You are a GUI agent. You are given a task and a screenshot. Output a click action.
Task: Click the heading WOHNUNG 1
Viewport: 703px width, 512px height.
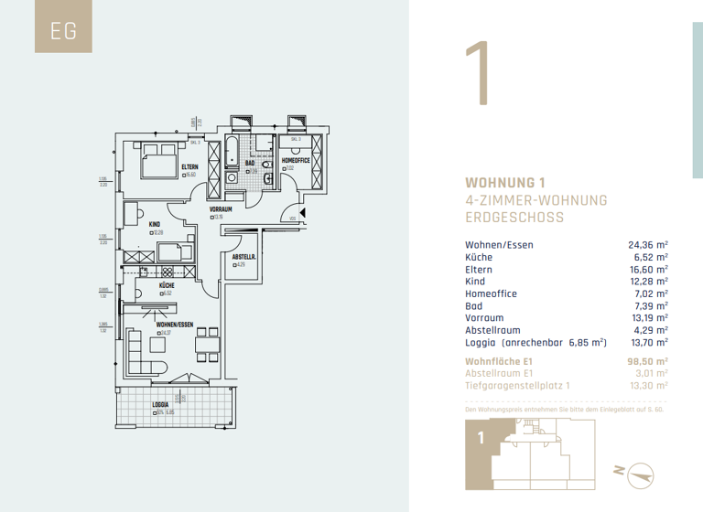[x=505, y=182]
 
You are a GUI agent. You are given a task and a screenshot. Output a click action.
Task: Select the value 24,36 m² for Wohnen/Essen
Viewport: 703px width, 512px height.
[x=647, y=245]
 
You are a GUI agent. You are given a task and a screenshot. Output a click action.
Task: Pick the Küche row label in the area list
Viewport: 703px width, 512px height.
[x=479, y=258]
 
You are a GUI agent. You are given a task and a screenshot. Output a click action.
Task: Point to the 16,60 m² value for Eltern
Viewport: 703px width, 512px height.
[x=647, y=270]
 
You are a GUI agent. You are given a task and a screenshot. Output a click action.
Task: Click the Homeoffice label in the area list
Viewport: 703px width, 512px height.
[x=491, y=293]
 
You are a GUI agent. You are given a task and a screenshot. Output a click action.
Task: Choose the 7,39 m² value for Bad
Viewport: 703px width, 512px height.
[x=650, y=306]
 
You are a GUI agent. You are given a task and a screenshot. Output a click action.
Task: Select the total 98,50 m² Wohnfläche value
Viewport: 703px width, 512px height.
[x=647, y=361]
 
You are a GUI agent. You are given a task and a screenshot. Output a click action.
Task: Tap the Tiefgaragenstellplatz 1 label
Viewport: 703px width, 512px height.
[x=517, y=386]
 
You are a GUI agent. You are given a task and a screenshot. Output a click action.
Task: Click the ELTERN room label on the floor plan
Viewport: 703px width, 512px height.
[x=189, y=166]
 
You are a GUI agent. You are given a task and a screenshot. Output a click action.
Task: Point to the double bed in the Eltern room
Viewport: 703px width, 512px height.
[x=157, y=163]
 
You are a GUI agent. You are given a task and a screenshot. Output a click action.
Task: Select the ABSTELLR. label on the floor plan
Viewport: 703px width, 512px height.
[x=243, y=257]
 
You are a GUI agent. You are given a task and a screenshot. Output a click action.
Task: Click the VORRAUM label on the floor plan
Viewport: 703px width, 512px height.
[x=221, y=209]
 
